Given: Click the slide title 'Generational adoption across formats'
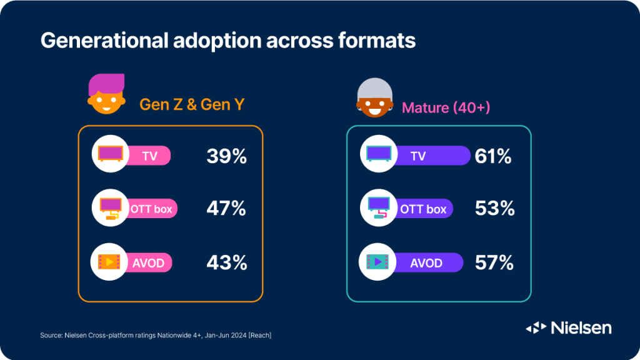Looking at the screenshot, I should point(228,41).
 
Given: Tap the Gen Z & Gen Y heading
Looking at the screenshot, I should point(192,105).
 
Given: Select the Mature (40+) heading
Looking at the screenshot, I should point(446,107).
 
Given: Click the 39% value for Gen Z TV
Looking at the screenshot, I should point(226,156).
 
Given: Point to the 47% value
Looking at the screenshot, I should point(226,208).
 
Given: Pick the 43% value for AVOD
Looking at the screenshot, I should point(226,262).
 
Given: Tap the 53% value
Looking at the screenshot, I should point(494,208).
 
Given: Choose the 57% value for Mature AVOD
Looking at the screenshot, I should point(493,262).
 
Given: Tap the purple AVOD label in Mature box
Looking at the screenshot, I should point(426,262).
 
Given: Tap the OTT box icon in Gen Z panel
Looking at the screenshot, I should point(110,208).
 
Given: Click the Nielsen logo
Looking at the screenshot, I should point(569,327).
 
